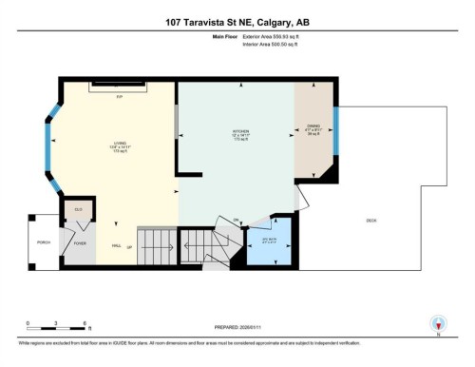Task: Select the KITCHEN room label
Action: tap(240, 131)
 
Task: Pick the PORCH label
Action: tap(42, 242)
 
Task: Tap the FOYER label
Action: tap(80, 243)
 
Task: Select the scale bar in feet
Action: tap(57, 328)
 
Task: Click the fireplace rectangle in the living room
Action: tap(119, 87)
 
